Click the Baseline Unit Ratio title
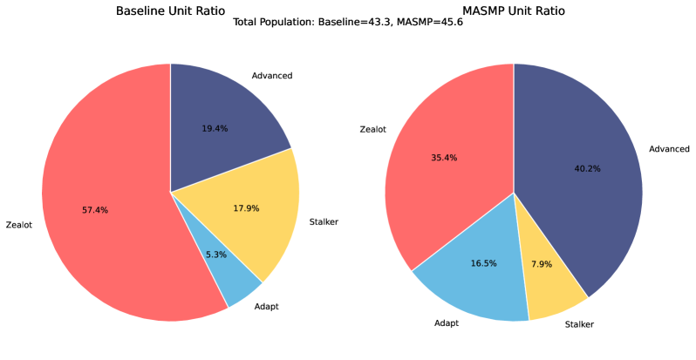170,11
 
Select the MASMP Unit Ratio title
514,11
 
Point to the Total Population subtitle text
348,23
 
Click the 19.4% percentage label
215,128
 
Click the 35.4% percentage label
444,158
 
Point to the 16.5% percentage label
483,262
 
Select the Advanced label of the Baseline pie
271,76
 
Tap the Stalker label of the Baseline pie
324,222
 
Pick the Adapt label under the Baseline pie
268,308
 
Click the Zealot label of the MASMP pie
373,130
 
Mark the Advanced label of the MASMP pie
669,149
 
